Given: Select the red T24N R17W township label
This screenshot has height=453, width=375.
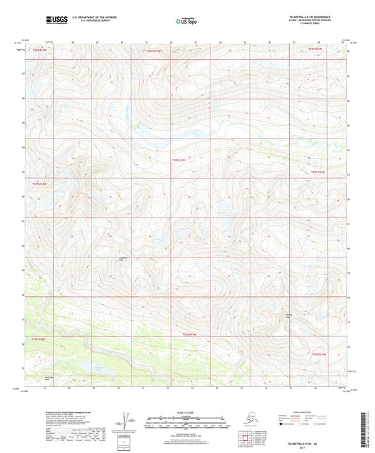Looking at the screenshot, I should point(153,51).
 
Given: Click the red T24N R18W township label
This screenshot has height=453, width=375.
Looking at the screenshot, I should point(46,50).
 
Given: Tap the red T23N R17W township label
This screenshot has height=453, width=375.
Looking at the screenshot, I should point(179,160).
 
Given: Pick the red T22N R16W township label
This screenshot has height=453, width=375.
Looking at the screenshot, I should point(320,354).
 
